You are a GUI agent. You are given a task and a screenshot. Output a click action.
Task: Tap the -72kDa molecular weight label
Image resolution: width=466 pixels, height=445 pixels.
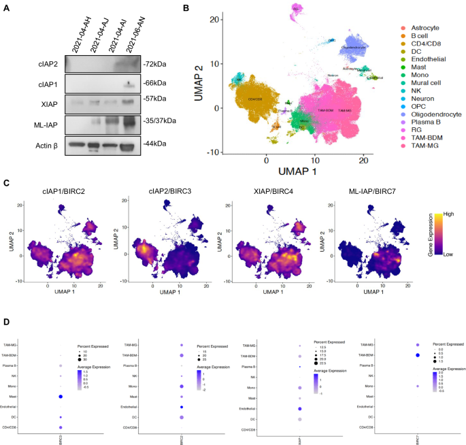tap(154, 65)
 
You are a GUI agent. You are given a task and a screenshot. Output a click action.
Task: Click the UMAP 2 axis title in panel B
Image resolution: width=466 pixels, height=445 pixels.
tap(199, 80)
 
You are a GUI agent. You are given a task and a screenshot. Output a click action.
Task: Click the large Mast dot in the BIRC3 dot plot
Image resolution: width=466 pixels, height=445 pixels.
tap(61, 396)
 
